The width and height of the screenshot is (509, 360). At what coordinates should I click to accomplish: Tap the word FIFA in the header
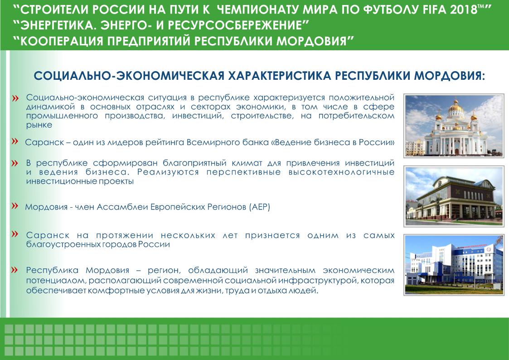435,10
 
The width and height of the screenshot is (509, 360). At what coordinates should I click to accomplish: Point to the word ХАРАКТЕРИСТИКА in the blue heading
279,76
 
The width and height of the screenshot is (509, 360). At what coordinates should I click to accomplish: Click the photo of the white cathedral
454,126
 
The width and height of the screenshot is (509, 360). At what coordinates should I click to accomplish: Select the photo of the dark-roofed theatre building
454,196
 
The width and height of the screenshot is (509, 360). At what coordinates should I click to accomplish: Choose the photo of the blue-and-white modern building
454,265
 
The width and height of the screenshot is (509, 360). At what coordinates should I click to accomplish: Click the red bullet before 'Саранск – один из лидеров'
15,141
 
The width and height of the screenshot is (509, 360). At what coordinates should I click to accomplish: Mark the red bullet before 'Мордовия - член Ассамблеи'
15,206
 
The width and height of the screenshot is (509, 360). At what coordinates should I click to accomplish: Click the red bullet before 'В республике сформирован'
15,163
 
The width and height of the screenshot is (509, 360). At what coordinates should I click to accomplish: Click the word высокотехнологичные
341,172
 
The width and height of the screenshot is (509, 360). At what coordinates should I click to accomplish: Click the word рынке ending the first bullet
39,125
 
